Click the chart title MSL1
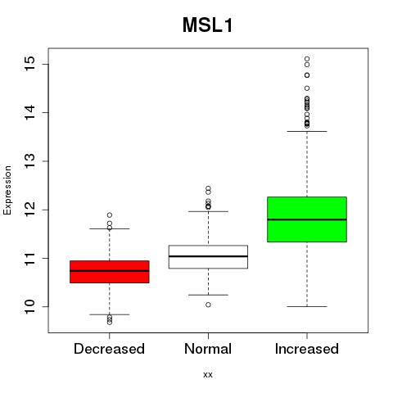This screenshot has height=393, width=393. pos(208,25)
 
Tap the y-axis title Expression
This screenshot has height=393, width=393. pos(7,190)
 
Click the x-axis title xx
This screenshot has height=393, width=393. pos(208,374)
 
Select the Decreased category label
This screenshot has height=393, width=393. pos(109,349)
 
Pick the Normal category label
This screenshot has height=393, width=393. pos(208,349)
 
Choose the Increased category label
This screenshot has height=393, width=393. pos(307,349)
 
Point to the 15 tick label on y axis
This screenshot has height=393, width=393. pos(30,64)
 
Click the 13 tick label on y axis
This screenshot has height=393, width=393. pos(30,161)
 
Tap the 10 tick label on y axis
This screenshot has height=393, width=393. pos(30,306)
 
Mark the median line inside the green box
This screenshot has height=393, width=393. pos(307,219)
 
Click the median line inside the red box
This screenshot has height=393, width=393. pos(110,271)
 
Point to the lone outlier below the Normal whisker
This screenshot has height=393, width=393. pos(208,305)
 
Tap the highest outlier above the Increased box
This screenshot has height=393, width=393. pos(307,59)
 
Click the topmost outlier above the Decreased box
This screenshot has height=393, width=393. pos(110,215)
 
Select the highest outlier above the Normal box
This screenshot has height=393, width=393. pos(208,188)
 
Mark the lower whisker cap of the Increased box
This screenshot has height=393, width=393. pos(307,306)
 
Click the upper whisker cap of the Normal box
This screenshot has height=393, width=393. pos(208,211)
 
